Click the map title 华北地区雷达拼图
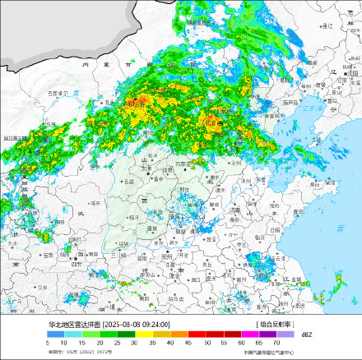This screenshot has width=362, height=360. [73, 325]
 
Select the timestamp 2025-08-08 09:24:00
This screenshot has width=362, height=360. [137, 325]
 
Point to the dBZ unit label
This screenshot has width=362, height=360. [306, 335]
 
